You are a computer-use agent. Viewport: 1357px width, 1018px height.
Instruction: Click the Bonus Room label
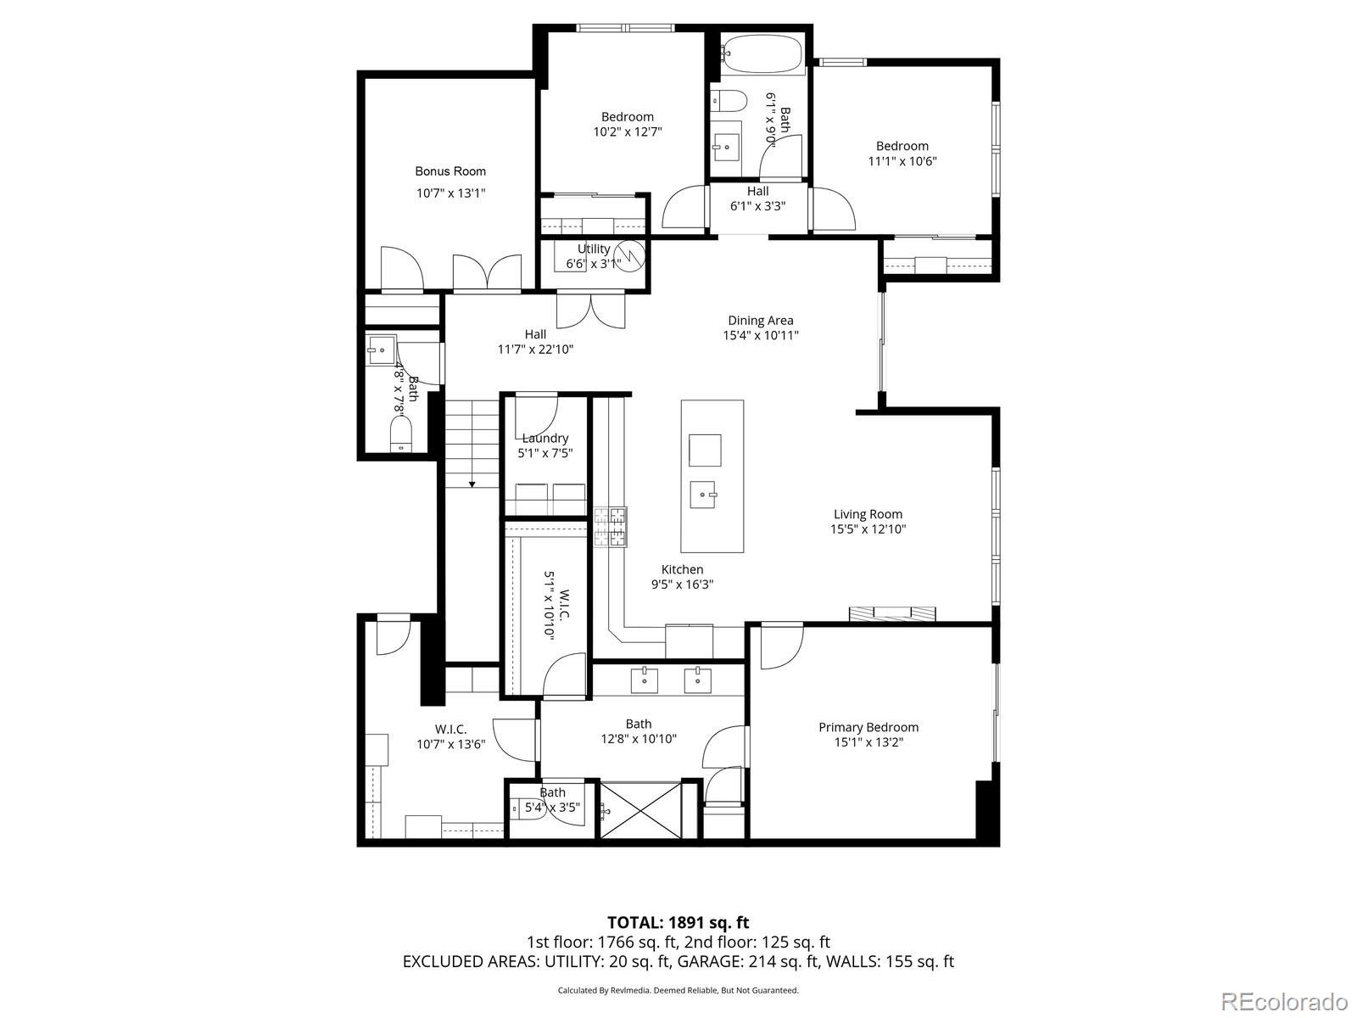[450, 171]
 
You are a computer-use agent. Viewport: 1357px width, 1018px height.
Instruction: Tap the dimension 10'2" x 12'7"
[628, 131]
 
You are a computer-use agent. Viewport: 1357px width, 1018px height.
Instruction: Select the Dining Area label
[761, 320]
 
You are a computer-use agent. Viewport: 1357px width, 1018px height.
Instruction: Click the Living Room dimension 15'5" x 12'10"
[868, 529]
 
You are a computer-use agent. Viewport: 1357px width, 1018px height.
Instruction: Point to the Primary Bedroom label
[868, 727]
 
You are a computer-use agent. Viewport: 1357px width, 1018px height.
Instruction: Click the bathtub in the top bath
[761, 53]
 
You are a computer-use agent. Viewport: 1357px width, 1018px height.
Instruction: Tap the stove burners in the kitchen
[610, 526]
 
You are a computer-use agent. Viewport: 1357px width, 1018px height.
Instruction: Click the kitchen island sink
[704, 493]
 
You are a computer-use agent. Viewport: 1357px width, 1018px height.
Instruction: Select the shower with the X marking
[641, 810]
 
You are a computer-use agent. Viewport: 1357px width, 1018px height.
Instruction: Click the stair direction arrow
[472, 484]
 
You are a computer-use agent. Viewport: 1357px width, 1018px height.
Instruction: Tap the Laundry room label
[544, 438]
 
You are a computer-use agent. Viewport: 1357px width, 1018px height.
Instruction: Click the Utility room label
[594, 249]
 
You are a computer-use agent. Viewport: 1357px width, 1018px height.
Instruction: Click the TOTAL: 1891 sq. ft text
[678, 922]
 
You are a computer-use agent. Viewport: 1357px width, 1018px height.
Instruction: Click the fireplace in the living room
[892, 613]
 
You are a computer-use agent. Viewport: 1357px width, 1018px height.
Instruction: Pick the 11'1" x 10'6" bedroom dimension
[902, 160]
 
